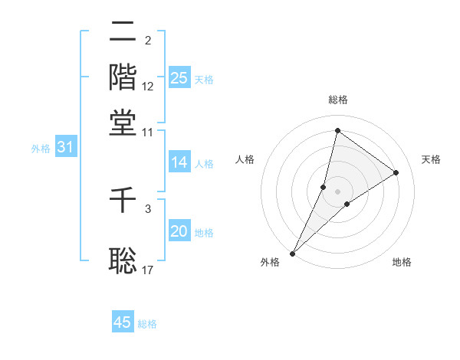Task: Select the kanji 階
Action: click(x=123, y=77)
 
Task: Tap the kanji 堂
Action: click(x=123, y=123)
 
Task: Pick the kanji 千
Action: click(x=123, y=201)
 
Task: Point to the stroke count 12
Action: click(x=148, y=87)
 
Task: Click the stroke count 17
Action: click(x=148, y=270)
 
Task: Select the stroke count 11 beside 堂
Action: click(x=148, y=132)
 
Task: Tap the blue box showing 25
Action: click(x=179, y=78)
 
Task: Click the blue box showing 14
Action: click(x=179, y=162)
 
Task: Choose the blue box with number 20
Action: click(x=179, y=232)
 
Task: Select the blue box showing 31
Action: click(x=65, y=148)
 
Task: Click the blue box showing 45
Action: click(x=123, y=322)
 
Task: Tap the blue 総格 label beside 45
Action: click(x=147, y=324)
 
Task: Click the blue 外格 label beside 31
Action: click(x=41, y=149)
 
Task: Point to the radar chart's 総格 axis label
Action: click(x=337, y=100)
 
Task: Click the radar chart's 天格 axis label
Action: click(x=431, y=159)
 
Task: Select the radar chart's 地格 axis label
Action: click(x=402, y=263)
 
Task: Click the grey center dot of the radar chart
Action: click(x=337, y=191)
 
